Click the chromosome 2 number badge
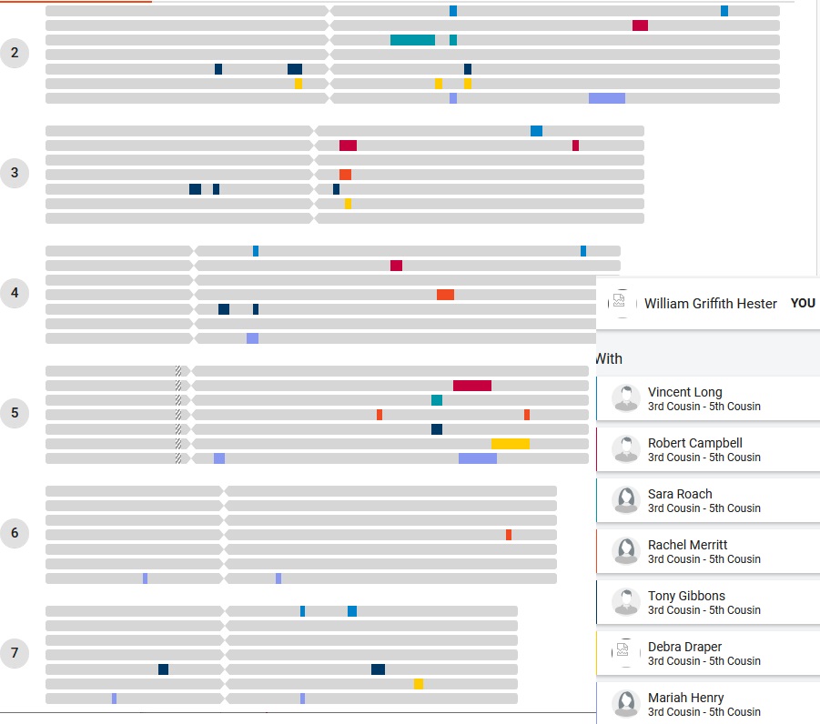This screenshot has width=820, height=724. (15, 53)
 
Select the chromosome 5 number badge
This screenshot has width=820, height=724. (15, 413)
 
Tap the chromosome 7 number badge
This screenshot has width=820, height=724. (15, 653)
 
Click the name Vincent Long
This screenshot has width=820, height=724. (684, 392)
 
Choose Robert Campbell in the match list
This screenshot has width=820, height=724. (694, 443)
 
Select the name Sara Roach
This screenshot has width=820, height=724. (680, 494)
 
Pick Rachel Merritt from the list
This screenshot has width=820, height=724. (687, 545)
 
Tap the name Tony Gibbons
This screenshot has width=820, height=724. (686, 596)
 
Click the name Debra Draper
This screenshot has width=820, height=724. (684, 647)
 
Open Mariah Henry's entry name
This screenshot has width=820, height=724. (685, 698)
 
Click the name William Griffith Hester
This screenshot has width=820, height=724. (711, 304)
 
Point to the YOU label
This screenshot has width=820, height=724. (803, 304)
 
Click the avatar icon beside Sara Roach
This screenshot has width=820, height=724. (625, 500)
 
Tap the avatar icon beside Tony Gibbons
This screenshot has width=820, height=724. (625, 602)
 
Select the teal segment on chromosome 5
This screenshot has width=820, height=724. (437, 400)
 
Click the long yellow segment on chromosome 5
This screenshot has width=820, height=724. (510, 444)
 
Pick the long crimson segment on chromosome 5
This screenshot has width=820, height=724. (472, 386)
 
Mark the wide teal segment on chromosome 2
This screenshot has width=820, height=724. (412, 40)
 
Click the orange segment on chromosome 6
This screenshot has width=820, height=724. (509, 535)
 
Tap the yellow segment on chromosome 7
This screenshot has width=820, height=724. (419, 684)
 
